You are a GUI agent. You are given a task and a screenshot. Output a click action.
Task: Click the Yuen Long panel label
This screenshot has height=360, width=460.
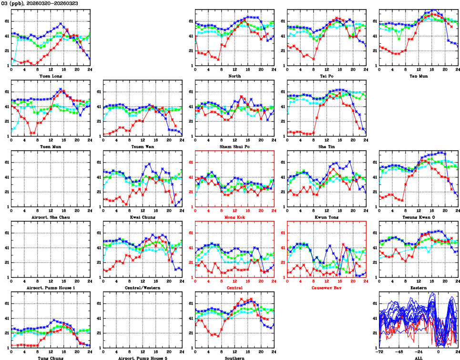tap(51, 76)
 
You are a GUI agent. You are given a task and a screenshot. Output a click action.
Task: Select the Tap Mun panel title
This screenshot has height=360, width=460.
tap(418, 76)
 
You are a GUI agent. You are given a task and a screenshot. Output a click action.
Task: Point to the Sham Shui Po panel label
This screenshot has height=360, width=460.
tap(235, 146)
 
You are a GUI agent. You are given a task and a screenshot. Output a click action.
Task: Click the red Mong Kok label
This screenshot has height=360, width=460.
tap(235, 217)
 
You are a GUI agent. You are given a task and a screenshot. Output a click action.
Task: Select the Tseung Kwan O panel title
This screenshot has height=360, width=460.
tap(418, 217)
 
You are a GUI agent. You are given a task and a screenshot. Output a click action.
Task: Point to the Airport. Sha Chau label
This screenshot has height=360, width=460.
tap(51, 217)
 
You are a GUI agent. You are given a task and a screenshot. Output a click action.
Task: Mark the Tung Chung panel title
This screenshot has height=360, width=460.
tap(51, 358)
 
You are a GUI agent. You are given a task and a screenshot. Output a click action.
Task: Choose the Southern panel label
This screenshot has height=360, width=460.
tap(235, 358)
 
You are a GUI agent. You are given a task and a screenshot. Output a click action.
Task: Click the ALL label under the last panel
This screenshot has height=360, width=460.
tap(418, 358)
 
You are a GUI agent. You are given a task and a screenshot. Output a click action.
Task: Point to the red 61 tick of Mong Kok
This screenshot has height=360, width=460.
tap(190, 163)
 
